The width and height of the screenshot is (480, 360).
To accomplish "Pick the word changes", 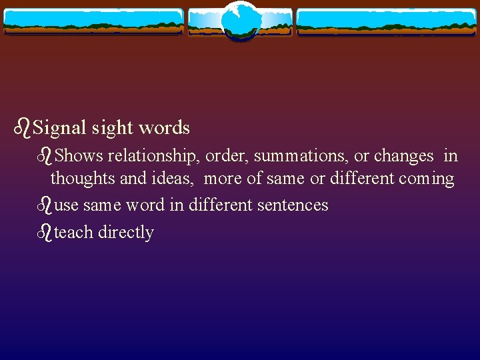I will (x=403, y=156).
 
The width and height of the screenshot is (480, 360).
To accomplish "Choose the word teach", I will (x=73, y=232).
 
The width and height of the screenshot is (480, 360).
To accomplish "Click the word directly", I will (x=126, y=233).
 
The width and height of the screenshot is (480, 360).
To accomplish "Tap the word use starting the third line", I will (x=66, y=205).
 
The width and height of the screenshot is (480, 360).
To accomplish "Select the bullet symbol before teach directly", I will (x=45, y=232).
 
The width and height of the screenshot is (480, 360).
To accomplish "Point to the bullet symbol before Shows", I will (x=45, y=156).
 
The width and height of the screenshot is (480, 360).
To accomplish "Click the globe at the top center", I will (x=240, y=20).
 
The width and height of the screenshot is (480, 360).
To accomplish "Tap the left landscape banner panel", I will (x=93, y=22).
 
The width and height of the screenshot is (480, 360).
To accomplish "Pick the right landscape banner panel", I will (x=387, y=22).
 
